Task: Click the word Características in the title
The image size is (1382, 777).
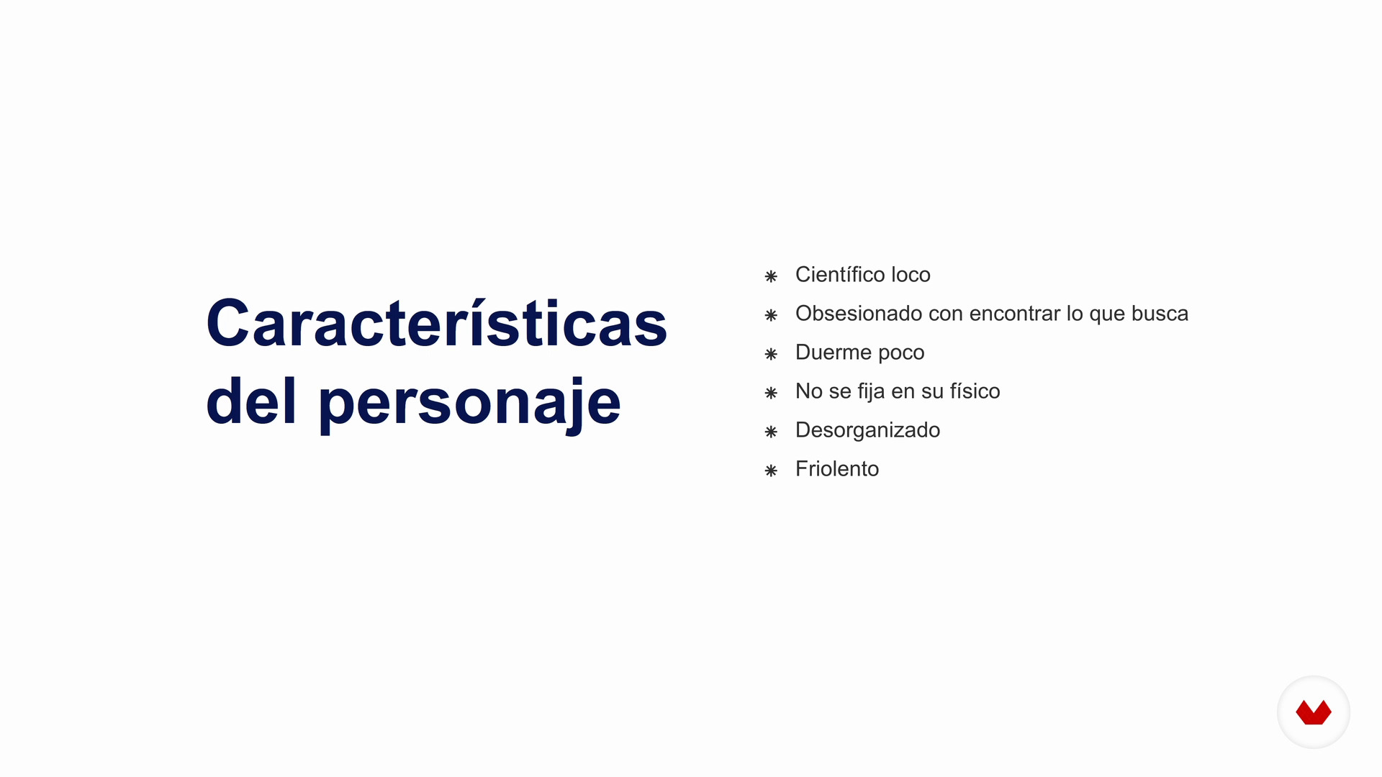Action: pos(437,323)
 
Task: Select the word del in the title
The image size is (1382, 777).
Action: pos(251,399)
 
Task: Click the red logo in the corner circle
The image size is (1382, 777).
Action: pos(1314,712)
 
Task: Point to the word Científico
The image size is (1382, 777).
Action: pos(840,274)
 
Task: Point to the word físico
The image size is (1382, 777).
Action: pos(975,391)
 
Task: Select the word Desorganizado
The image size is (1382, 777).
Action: pos(867,430)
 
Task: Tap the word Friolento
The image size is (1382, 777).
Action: pos(837,468)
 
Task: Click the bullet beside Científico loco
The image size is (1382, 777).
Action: pos(771,276)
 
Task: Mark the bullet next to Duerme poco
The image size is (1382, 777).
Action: pos(771,354)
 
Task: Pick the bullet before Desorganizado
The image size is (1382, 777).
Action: pos(771,432)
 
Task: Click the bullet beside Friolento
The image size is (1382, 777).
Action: pos(771,471)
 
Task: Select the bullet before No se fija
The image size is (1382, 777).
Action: pos(771,393)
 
